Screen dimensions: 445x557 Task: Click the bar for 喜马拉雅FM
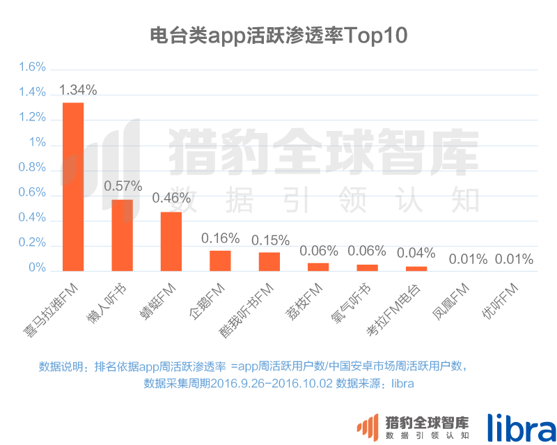[73, 187]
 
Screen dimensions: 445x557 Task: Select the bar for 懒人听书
[122, 235]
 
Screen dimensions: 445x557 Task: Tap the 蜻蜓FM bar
[171, 241]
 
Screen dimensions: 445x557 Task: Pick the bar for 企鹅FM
[220, 260]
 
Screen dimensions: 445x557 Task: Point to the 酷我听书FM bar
[269, 261]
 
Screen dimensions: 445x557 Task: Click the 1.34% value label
[78, 90]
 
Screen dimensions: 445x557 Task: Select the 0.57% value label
[123, 186]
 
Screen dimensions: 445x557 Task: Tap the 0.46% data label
[171, 198]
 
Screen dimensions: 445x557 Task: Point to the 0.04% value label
[416, 252]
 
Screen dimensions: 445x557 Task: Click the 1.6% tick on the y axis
[33, 68]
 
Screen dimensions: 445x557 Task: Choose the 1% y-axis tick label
[38, 143]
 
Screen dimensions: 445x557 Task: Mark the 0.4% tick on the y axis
[33, 218]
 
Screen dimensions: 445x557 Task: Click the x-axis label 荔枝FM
[305, 301]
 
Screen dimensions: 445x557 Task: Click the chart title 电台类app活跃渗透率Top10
[278, 36]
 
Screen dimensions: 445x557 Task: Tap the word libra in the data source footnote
[402, 383]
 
